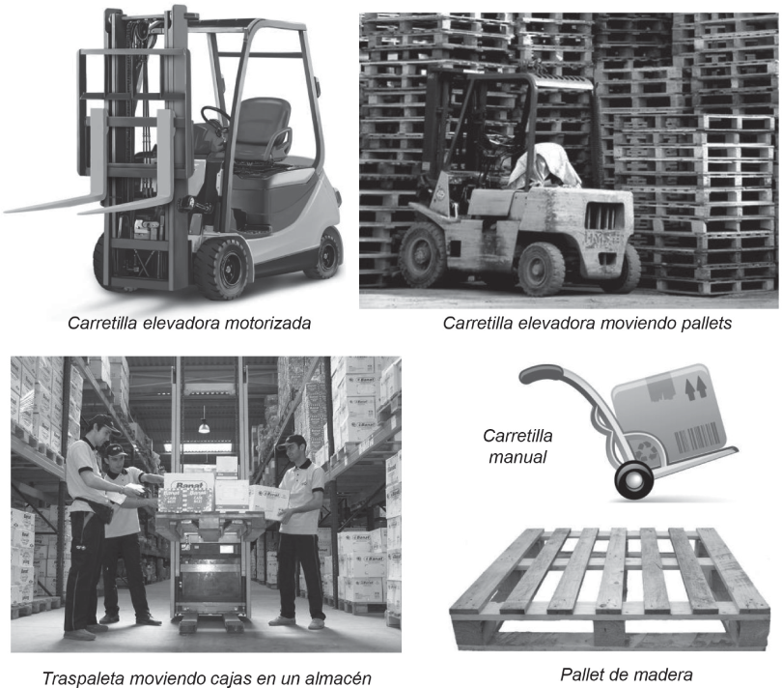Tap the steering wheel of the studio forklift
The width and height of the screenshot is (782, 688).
[x=215, y=118]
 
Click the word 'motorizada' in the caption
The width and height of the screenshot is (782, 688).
[x=267, y=323]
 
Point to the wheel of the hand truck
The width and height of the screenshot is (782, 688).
[x=633, y=480]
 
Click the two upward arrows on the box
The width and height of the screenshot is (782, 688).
[x=696, y=388]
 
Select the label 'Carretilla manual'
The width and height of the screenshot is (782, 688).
[x=517, y=445]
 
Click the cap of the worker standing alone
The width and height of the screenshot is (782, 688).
[x=293, y=441]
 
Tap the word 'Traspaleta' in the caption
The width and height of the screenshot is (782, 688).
[x=82, y=678]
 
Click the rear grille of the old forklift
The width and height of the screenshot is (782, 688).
[x=603, y=216]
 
